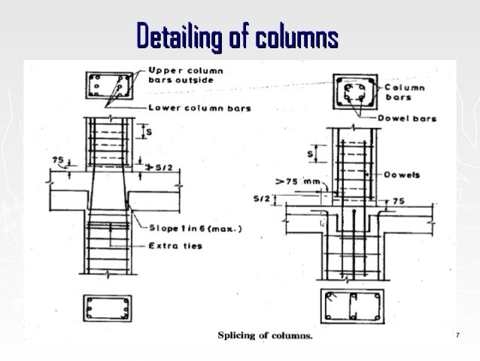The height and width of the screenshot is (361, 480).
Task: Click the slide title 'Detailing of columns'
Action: tap(237, 35)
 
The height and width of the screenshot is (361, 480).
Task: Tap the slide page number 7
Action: tap(457, 334)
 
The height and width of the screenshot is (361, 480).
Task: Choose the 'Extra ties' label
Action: tap(176, 246)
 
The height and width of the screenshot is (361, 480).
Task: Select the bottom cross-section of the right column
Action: tap(353, 306)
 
